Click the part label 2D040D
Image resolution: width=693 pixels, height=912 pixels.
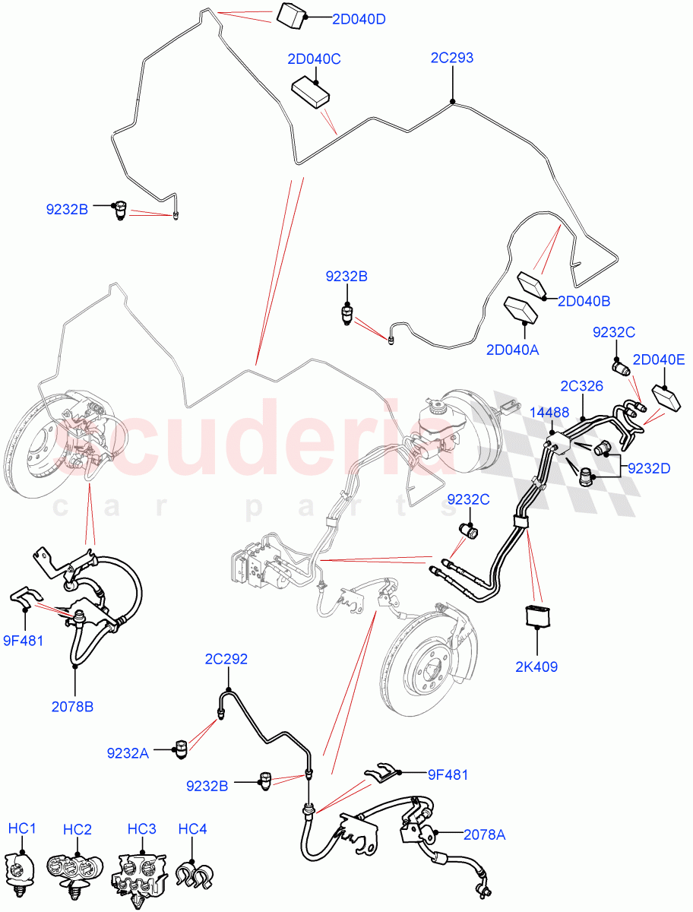tap(358, 19)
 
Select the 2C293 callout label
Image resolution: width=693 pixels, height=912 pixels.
tap(451, 57)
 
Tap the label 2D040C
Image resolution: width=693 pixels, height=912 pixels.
tap(313, 59)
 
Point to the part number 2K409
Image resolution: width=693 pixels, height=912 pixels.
tap(536, 667)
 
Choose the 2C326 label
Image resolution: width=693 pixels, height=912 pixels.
tap(581, 386)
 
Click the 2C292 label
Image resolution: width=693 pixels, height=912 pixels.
tap(226, 659)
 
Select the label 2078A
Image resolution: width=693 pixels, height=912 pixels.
tap(484, 834)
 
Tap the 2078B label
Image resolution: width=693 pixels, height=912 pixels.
tap(72, 707)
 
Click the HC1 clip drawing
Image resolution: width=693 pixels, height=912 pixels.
tap(21, 869)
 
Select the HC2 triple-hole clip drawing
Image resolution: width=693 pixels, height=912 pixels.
tap(76, 871)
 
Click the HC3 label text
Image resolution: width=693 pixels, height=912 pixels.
tap(141, 828)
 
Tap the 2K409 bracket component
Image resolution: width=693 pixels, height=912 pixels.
tap(537, 616)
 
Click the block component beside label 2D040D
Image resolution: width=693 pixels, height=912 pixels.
tap(293, 15)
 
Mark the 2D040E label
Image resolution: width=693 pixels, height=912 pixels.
tap(658, 359)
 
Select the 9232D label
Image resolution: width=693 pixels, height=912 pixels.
tap(648, 468)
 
